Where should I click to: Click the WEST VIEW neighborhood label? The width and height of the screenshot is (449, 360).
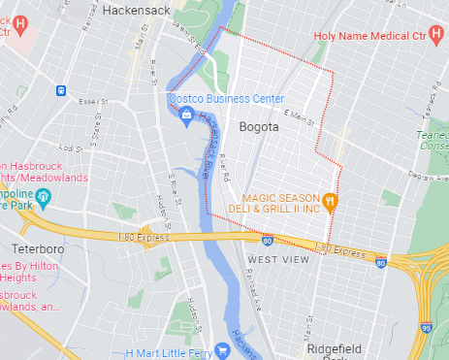pyautogui.click(x=278, y=259)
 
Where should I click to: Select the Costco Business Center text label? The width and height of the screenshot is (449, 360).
pyautogui.click(x=227, y=99)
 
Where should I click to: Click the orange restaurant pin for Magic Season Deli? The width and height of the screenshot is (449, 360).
pyautogui.click(x=331, y=202)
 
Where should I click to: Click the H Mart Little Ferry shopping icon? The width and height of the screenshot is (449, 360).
pyautogui.click(x=224, y=351)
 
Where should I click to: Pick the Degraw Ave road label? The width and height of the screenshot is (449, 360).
pyautogui.click(x=427, y=176)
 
